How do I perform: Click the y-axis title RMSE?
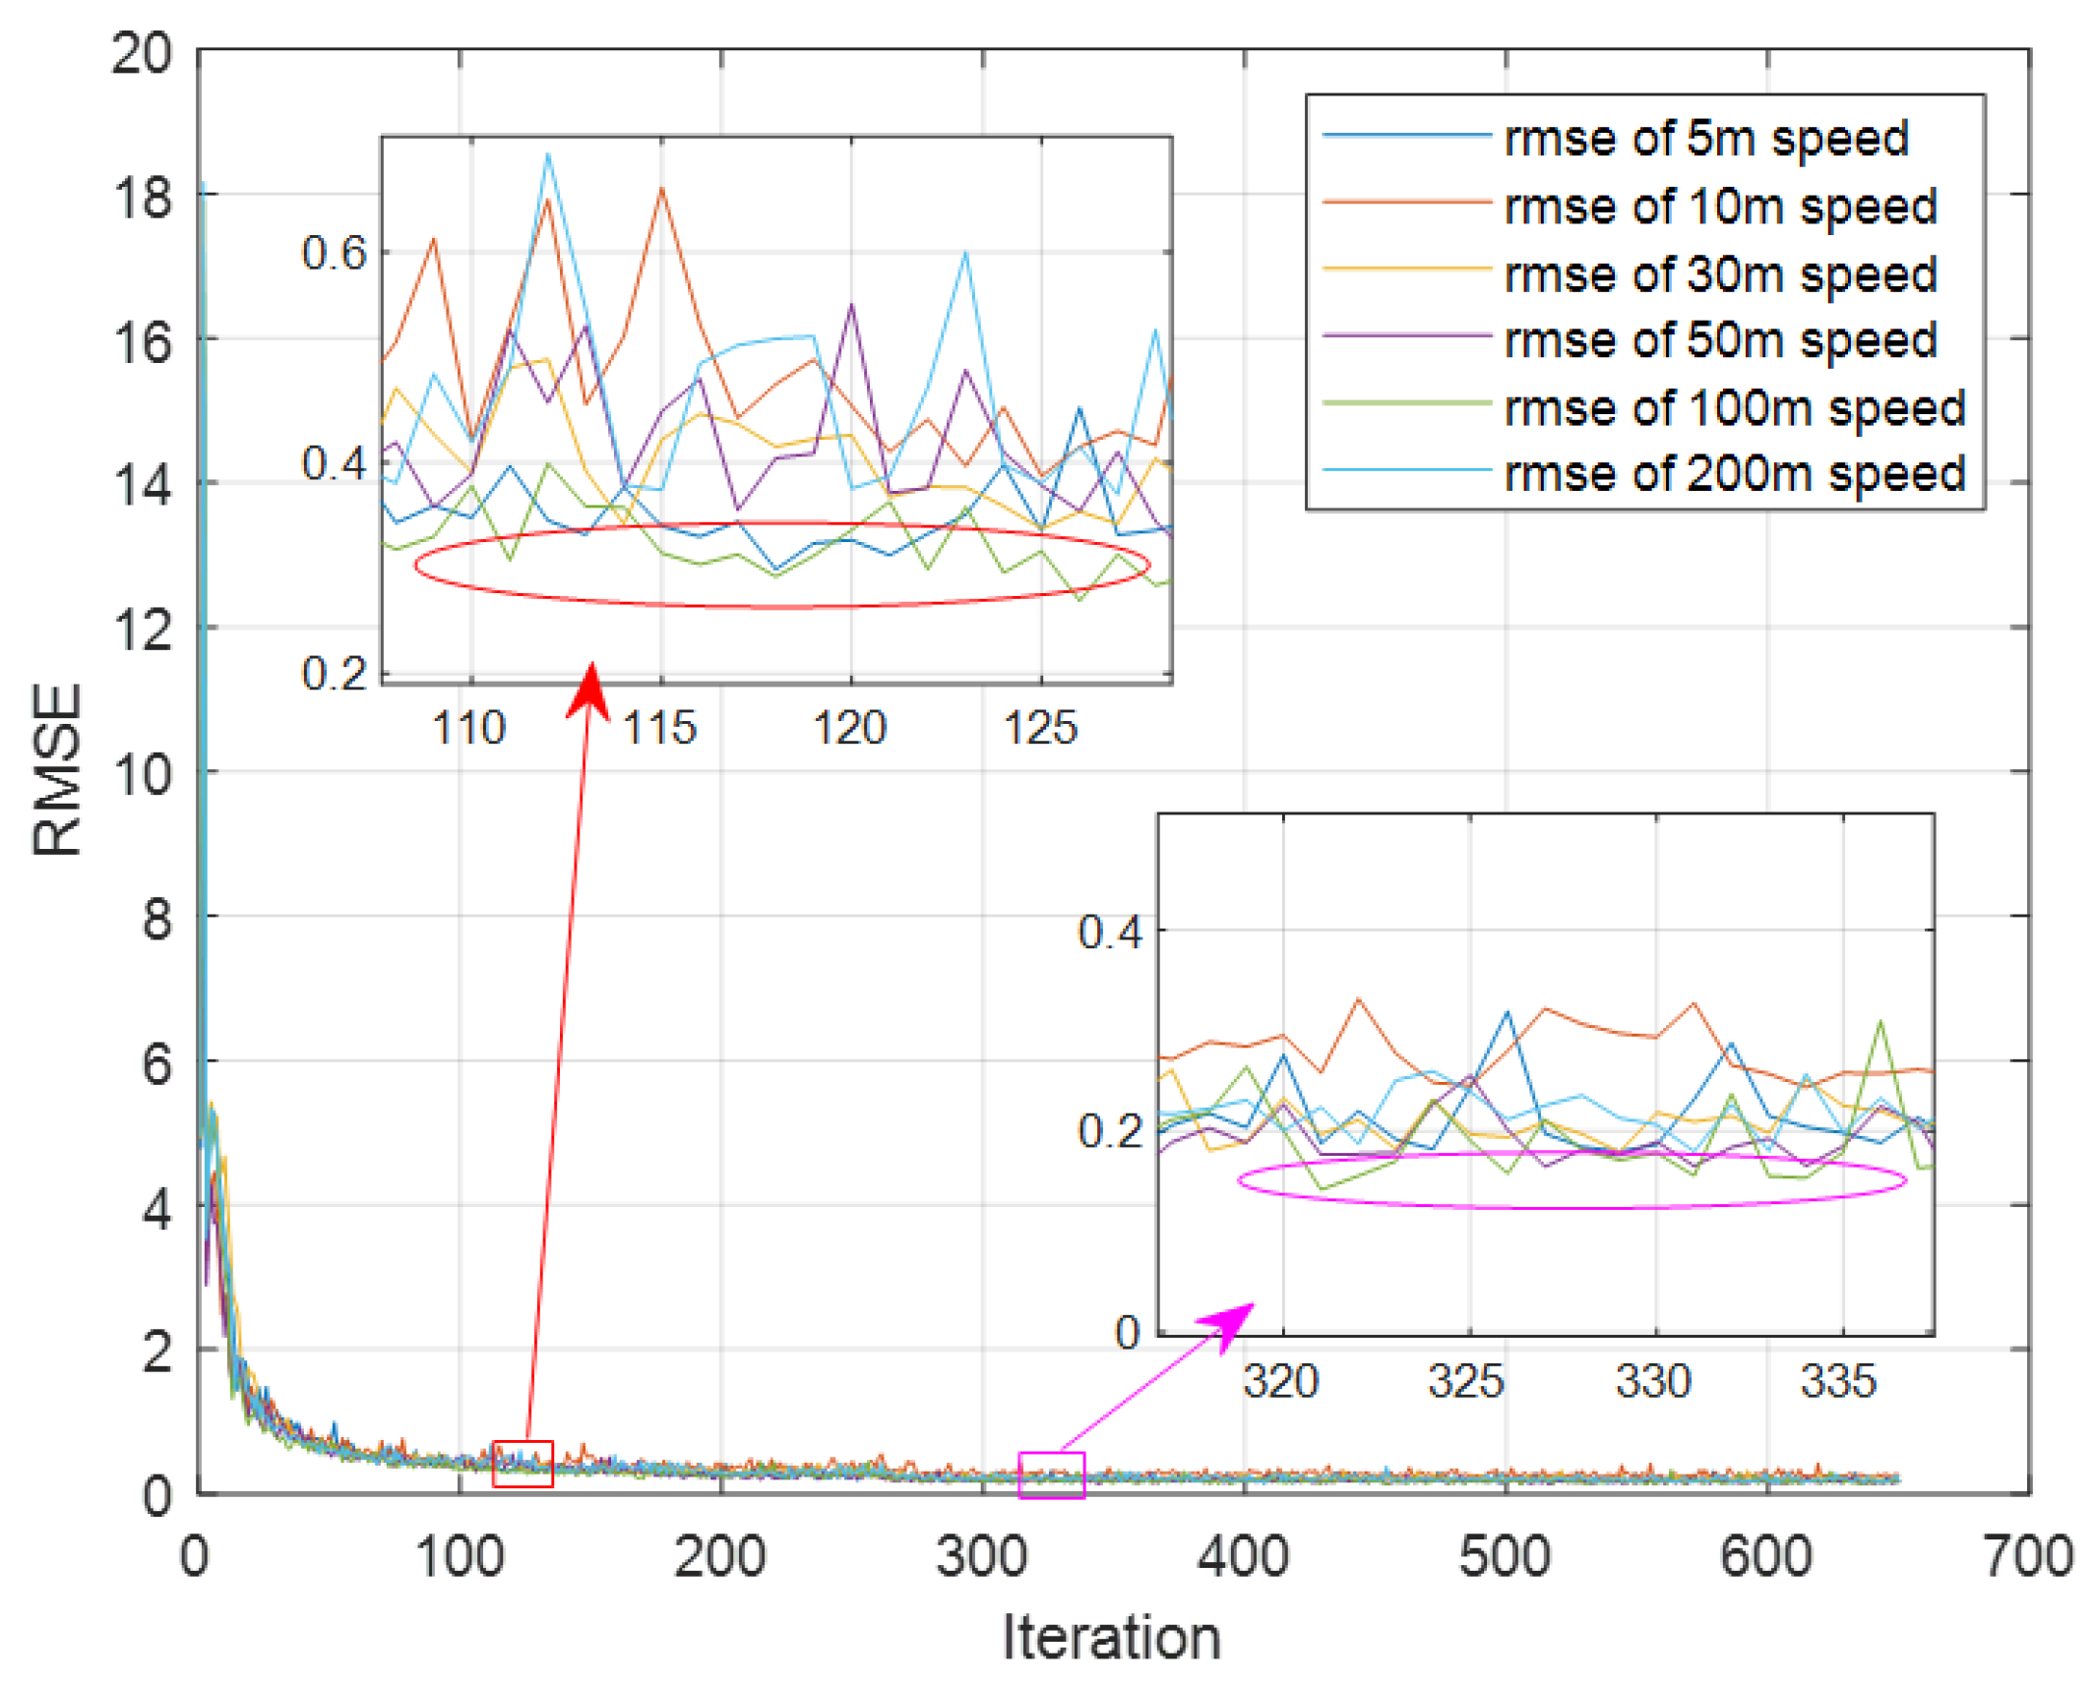[56, 770]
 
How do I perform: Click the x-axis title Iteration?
[1111, 1639]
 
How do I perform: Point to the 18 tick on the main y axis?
[142, 197]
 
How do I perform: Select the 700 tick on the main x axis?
[2027, 1557]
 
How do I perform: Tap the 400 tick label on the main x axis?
[1243, 1557]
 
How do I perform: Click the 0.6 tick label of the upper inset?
[334, 253]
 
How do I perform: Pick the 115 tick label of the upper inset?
[660, 729]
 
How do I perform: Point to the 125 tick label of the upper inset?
[1040, 729]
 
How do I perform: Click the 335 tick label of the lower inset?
[1838, 1382]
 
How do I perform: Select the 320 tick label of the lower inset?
[1279, 1382]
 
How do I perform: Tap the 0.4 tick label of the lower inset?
[1109, 932]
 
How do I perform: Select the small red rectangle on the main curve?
[523, 1464]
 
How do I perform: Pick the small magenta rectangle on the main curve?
[1051, 1474]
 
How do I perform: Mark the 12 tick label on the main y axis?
[142, 630]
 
